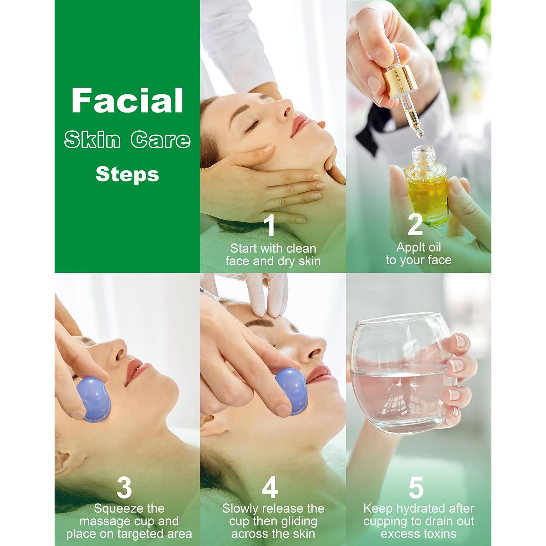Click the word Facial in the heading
click(127, 101)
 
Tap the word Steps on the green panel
click(127, 175)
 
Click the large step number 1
click(269, 225)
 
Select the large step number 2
click(415, 225)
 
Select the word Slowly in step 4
click(241, 509)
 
